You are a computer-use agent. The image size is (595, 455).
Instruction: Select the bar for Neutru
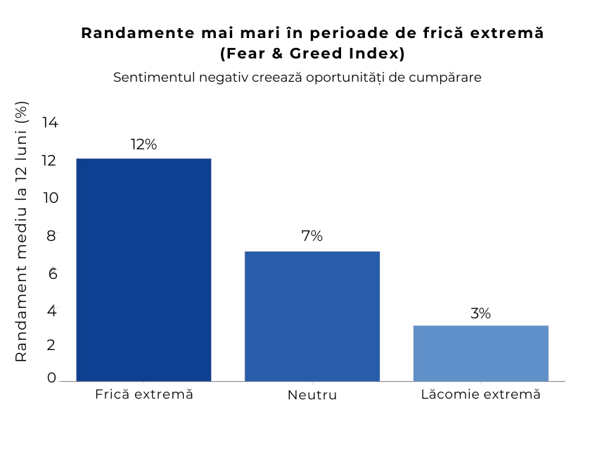pyautogui.click(x=312, y=316)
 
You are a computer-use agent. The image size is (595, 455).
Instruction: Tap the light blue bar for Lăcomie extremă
pyautogui.click(x=480, y=353)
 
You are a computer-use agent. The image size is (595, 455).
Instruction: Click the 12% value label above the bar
pyautogui.click(x=143, y=144)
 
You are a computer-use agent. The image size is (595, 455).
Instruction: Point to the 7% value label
pyautogui.click(x=312, y=237)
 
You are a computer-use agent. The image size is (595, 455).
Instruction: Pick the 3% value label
pyautogui.click(x=480, y=313)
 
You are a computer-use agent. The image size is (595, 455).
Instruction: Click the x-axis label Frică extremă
pyautogui.click(x=143, y=394)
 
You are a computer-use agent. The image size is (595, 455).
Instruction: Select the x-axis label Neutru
pyautogui.click(x=312, y=395)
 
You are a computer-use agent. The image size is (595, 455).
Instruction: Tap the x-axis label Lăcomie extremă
pyautogui.click(x=480, y=394)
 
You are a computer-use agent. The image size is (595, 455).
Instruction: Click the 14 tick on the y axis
pyautogui.click(x=50, y=123)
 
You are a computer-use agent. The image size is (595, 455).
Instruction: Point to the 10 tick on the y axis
pyautogui.click(x=50, y=198)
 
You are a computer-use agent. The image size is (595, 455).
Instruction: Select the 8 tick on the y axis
pyautogui.click(x=51, y=236)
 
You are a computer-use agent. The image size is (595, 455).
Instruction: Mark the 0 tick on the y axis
pyautogui.click(x=51, y=378)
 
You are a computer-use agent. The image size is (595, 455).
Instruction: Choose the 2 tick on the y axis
pyautogui.click(x=51, y=345)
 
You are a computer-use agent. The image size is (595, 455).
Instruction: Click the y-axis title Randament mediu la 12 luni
pyautogui.click(x=21, y=232)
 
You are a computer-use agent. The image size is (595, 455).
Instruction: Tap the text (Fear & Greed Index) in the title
pyautogui.click(x=312, y=54)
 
